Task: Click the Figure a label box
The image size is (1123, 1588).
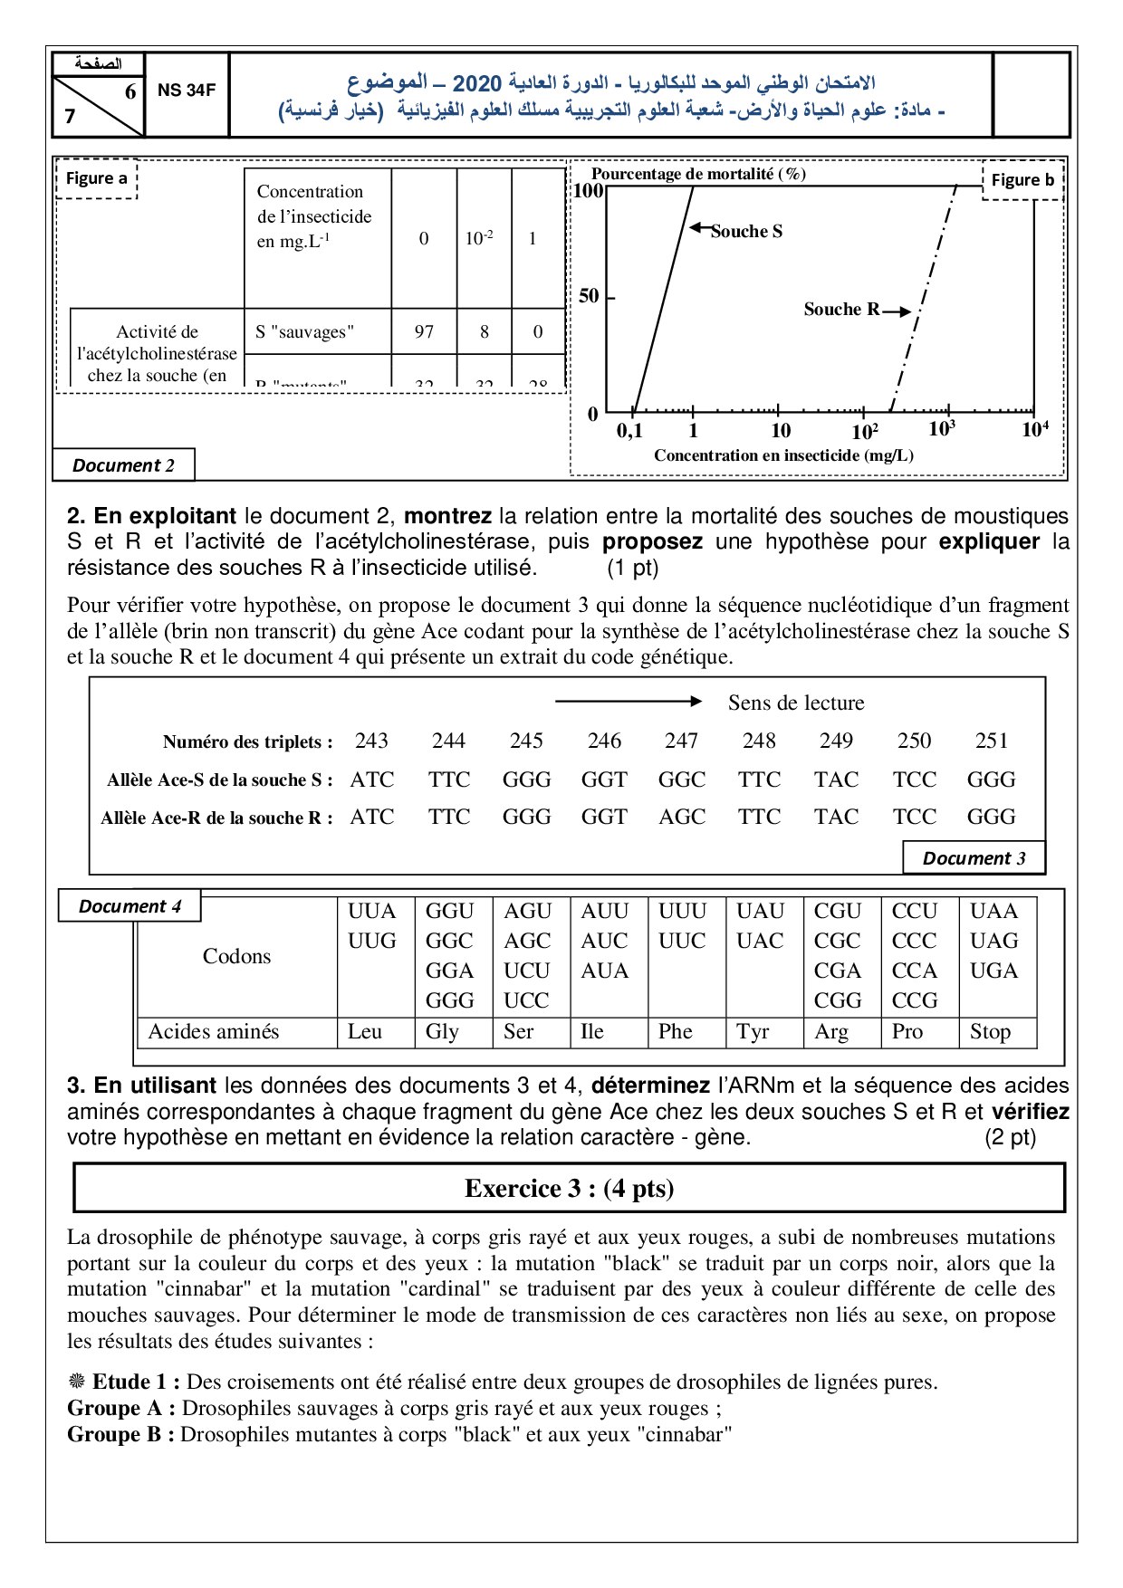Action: (x=96, y=178)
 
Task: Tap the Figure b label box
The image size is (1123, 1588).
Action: (x=1022, y=180)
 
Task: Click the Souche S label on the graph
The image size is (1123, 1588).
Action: (x=746, y=232)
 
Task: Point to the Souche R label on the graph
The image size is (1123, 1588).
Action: (x=841, y=310)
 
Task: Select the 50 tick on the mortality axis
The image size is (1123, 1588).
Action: (x=589, y=296)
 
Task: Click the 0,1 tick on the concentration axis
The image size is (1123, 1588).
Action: (x=629, y=431)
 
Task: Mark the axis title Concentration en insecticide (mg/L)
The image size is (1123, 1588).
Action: (x=783, y=455)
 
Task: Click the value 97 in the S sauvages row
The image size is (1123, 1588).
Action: (x=424, y=331)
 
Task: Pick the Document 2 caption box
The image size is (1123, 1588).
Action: (x=123, y=465)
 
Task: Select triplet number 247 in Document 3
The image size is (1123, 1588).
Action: (x=681, y=741)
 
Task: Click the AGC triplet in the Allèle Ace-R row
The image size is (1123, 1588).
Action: (x=682, y=817)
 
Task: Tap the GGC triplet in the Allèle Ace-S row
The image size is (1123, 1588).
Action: (x=682, y=780)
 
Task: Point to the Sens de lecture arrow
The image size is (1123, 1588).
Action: (x=629, y=702)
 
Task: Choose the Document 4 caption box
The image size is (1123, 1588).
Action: (x=130, y=906)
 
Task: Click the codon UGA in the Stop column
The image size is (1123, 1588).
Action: (x=993, y=971)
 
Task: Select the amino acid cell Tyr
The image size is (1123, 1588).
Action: (x=753, y=1031)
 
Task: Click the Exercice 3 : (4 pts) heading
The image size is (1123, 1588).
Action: (x=569, y=1189)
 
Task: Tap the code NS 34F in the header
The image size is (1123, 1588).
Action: (x=187, y=91)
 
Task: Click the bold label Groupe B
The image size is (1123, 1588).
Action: (x=120, y=1434)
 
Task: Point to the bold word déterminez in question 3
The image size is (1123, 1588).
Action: (x=650, y=1086)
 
